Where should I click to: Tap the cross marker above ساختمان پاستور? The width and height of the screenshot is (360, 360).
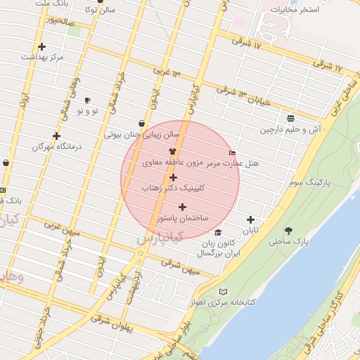point(183,207)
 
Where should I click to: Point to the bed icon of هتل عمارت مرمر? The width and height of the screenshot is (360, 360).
point(233,153)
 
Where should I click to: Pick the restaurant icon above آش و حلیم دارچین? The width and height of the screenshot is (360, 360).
point(290,118)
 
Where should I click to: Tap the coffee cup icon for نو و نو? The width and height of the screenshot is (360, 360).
point(87,100)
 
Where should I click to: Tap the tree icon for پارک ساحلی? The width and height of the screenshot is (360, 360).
point(288,231)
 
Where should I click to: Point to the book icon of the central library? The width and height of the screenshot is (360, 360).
point(224,292)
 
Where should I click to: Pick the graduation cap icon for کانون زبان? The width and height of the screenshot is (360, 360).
point(218,233)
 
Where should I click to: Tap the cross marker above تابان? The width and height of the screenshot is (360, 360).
point(250,219)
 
